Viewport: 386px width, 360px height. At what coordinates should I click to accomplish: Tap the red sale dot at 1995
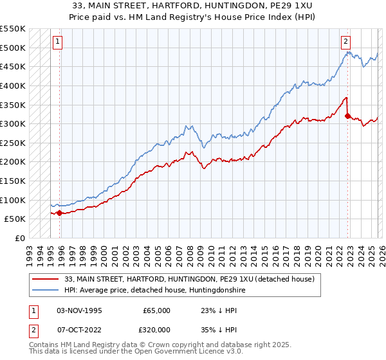[60, 213]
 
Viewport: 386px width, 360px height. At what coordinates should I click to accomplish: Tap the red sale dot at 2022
[347, 116]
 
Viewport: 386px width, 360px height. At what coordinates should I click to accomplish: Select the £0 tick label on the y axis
[19, 238]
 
